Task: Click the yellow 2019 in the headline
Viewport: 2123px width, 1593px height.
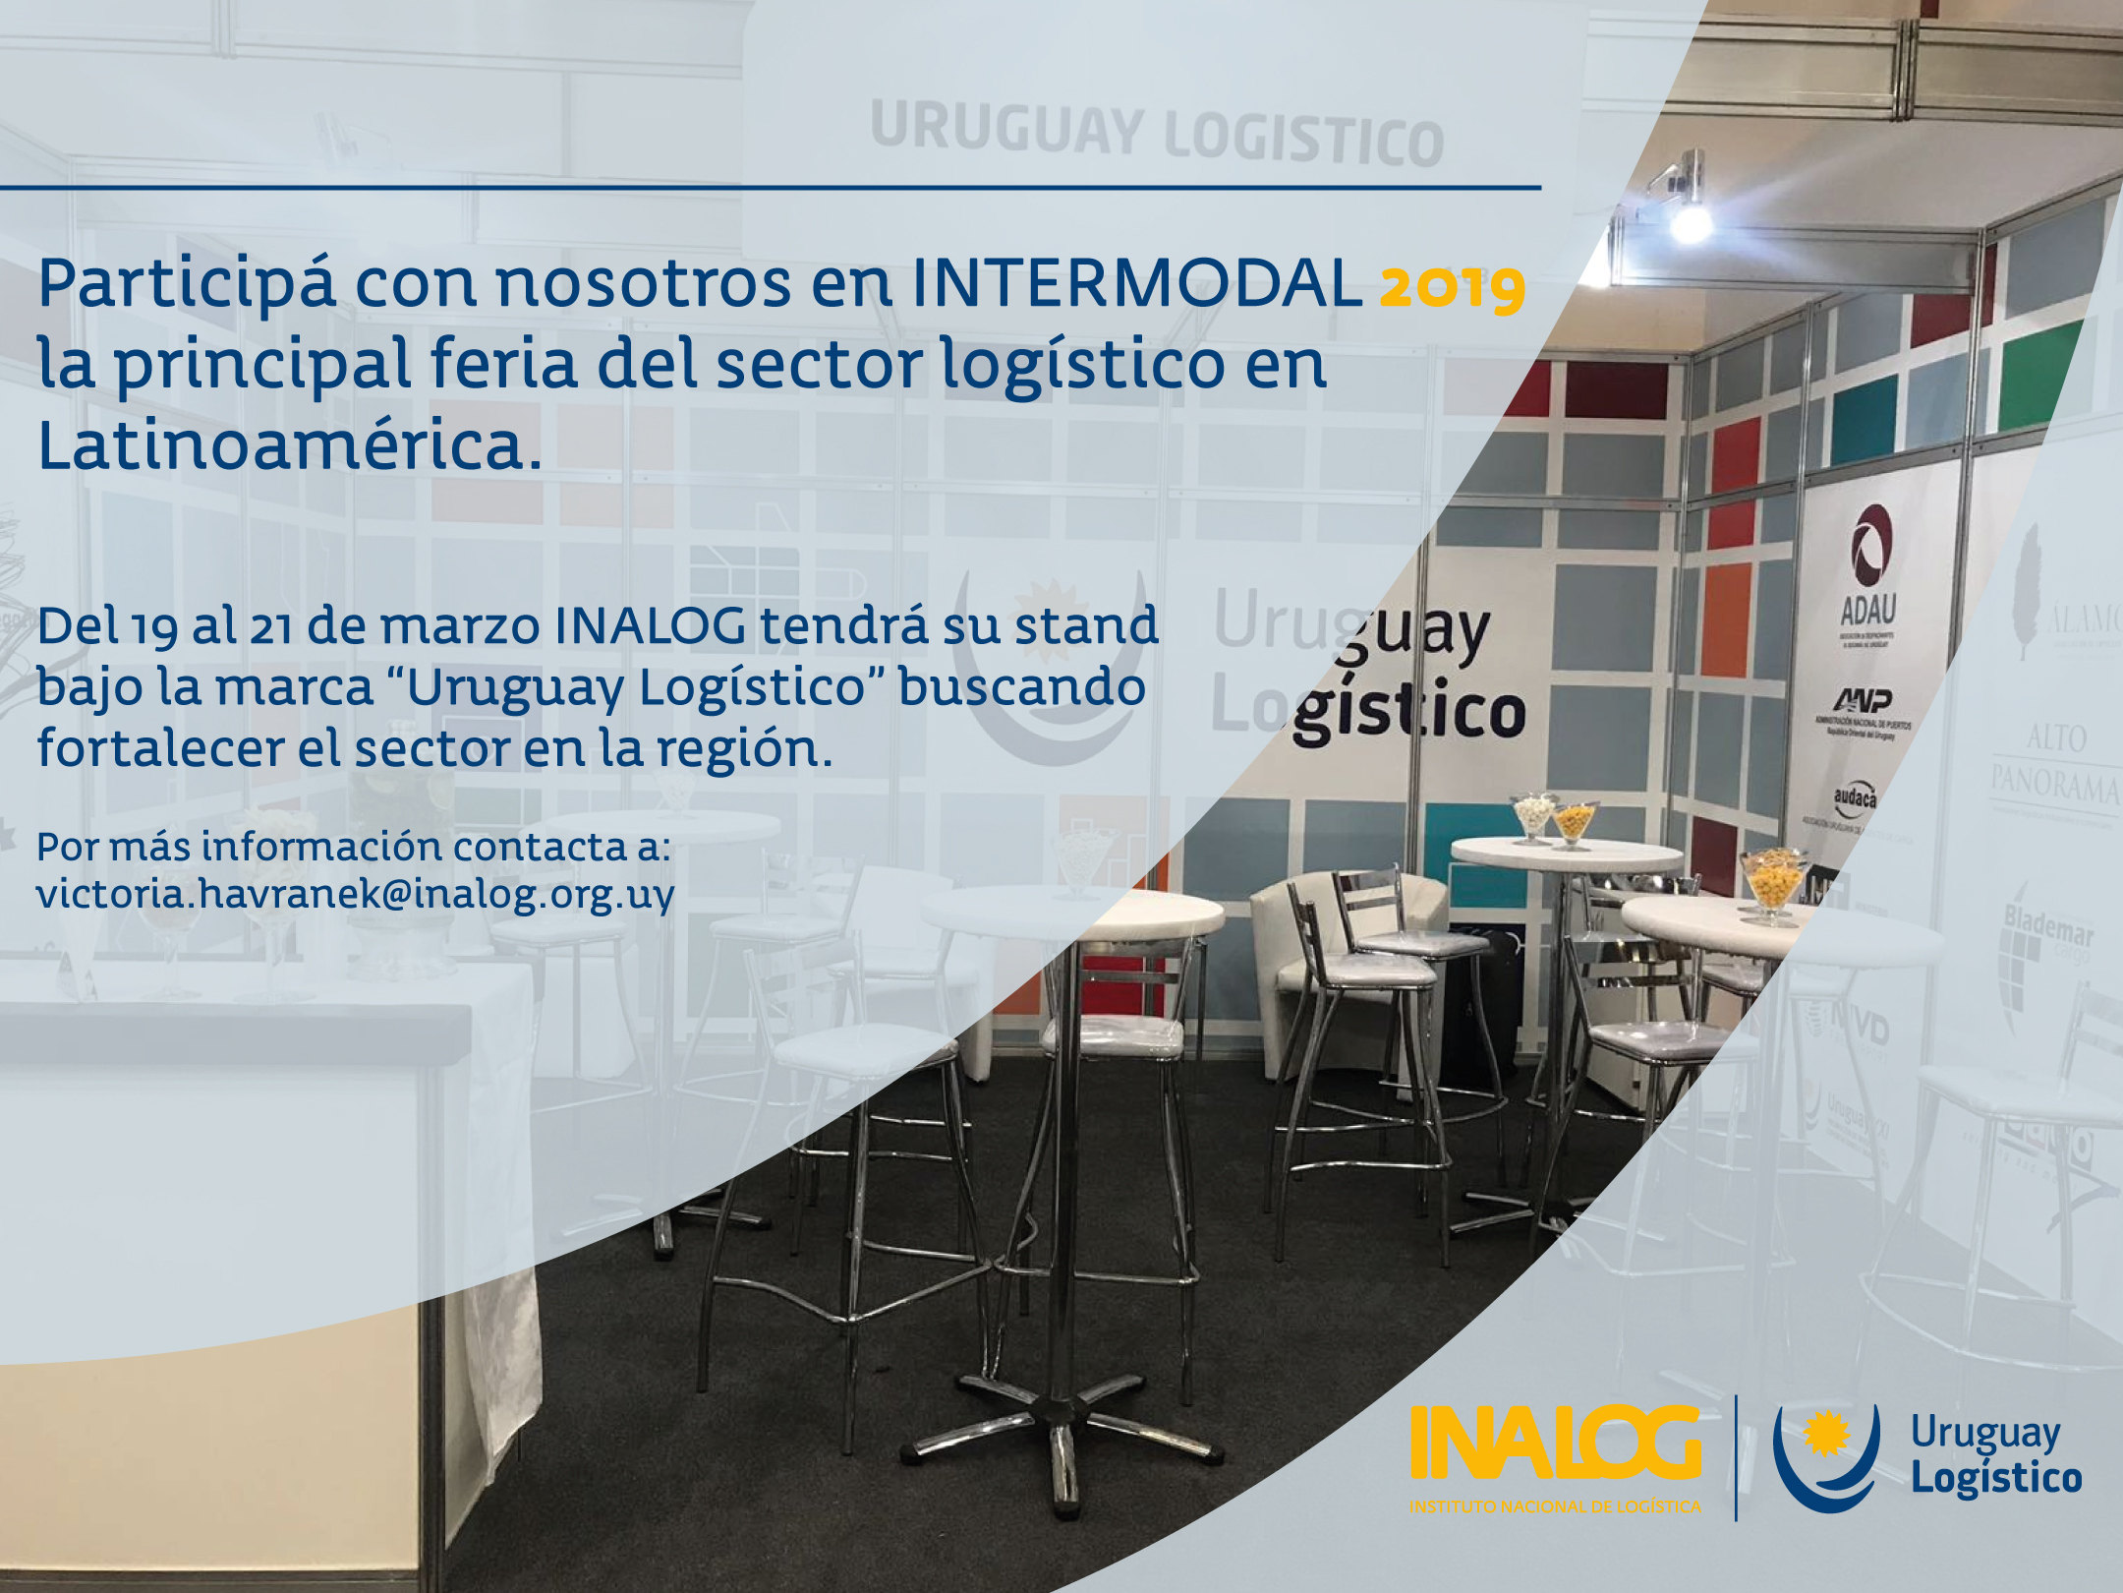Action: [x=1452, y=286]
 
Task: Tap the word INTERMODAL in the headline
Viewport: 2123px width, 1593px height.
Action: [x=1137, y=283]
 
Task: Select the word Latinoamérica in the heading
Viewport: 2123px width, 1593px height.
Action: [x=289, y=445]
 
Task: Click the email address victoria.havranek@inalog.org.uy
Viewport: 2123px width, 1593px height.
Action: [x=355, y=894]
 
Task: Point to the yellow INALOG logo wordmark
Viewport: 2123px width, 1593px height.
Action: [x=1555, y=1443]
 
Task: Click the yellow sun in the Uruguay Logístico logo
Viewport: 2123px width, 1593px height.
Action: [x=1826, y=1433]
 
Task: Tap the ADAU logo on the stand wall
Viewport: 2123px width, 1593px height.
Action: [x=1868, y=570]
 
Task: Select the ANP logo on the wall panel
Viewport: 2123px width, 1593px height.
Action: [x=1863, y=700]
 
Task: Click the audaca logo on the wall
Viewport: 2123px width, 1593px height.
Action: [x=1854, y=798]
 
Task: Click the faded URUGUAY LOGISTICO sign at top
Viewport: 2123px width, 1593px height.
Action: [x=1156, y=136]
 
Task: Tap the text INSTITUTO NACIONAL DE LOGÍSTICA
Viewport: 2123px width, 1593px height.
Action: [x=1555, y=1506]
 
